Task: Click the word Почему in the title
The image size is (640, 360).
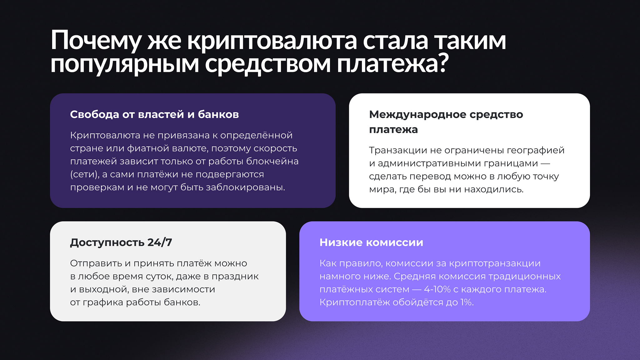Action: pos(96,41)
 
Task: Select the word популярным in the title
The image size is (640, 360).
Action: pos(125,64)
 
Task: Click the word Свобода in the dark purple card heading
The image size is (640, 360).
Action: pos(94,114)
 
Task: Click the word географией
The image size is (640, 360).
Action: pos(536,150)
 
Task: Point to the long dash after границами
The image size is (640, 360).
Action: pos(545,163)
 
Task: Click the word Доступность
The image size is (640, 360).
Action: pos(107,242)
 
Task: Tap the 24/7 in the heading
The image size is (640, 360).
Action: pos(160,242)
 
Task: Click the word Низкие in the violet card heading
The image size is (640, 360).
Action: pos(341,242)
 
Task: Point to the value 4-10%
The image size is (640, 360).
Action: pos(437,290)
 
